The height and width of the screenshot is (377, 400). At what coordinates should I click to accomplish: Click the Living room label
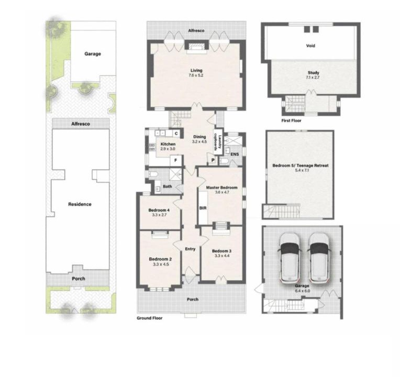coord(196,70)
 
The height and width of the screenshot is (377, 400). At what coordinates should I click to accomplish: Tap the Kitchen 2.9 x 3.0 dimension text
coord(168,149)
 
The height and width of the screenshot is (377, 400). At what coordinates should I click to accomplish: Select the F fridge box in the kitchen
coord(176,160)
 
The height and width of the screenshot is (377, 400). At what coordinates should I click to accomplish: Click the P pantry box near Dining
coord(213,160)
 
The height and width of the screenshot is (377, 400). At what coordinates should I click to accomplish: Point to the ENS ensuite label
coord(235,154)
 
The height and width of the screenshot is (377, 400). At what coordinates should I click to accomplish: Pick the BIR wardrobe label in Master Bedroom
coord(203,208)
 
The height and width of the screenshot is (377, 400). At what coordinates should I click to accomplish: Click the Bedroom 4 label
coord(159,210)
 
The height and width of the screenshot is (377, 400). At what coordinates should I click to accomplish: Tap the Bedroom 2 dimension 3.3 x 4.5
coord(161,264)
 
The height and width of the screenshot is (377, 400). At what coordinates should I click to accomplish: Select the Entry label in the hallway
coord(190,249)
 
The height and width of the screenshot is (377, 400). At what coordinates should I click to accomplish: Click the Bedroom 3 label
coord(221,251)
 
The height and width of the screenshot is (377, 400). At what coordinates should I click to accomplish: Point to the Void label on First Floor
coord(310,46)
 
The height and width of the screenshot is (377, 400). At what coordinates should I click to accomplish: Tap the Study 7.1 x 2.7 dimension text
coord(313,77)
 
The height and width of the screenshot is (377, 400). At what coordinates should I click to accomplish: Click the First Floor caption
coord(291,120)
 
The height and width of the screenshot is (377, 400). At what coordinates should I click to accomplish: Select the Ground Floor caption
coord(150,318)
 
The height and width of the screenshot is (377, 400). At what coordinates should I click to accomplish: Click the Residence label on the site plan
coord(80,204)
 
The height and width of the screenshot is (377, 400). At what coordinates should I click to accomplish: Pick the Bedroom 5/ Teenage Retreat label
coord(301,165)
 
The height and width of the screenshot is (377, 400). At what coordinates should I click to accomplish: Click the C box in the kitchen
coord(176,134)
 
